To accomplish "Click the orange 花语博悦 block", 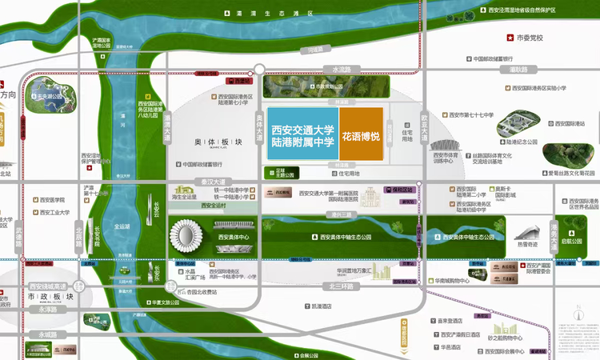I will pos(361,137).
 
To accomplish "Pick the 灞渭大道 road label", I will pos(168,128).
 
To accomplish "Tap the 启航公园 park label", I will pos(572,240).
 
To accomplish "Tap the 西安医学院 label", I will pos(48,200).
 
